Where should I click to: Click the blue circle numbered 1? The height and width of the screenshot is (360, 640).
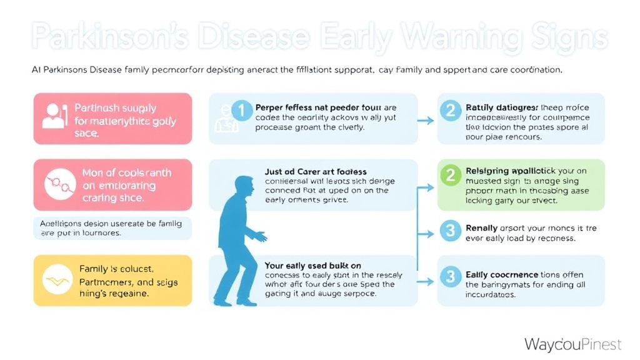pyautogui.click(x=242, y=111)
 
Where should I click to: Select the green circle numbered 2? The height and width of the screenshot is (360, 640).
pyautogui.click(x=449, y=176)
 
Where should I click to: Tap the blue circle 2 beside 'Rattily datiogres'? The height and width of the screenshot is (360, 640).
pyautogui.click(x=449, y=111)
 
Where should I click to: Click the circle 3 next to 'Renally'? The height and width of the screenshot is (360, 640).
pyautogui.click(x=449, y=231)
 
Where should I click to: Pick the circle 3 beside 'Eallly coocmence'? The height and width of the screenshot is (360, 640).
pyautogui.click(x=449, y=275)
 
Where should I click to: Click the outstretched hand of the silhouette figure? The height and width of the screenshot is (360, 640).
pyautogui.click(x=262, y=237)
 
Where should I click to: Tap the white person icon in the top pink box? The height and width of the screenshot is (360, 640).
pyautogui.click(x=53, y=117)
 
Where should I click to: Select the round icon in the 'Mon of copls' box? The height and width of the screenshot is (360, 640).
pyautogui.click(x=57, y=184)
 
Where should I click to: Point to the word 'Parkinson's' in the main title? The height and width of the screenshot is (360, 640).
pyautogui.click(x=109, y=37)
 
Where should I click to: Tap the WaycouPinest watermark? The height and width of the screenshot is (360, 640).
pyautogui.click(x=572, y=344)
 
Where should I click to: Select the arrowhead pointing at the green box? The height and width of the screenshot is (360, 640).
pyautogui.click(x=431, y=187)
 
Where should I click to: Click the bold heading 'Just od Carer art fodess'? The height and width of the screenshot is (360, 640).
pyautogui.click(x=316, y=171)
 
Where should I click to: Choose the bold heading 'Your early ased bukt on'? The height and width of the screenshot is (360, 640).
pyautogui.click(x=312, y=266)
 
